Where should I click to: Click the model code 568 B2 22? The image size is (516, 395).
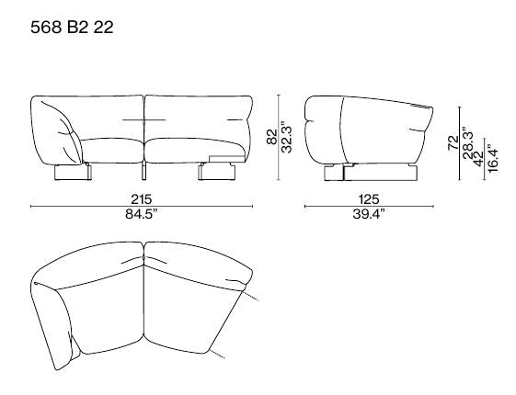[x=72, y=27]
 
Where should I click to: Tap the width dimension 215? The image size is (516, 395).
[x=142, y=199]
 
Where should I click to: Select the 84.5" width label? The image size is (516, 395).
[x=142, y=214]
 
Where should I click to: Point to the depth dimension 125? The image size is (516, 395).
[x=369, y=199]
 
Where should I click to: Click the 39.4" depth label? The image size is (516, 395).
[x=369, y=214]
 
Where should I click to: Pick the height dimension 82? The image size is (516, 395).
[x=272, y=137]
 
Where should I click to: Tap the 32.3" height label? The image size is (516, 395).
[x=286, y=138]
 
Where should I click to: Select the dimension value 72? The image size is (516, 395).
[x=453, y=142]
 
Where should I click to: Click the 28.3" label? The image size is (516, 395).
[x=467, y=143]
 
